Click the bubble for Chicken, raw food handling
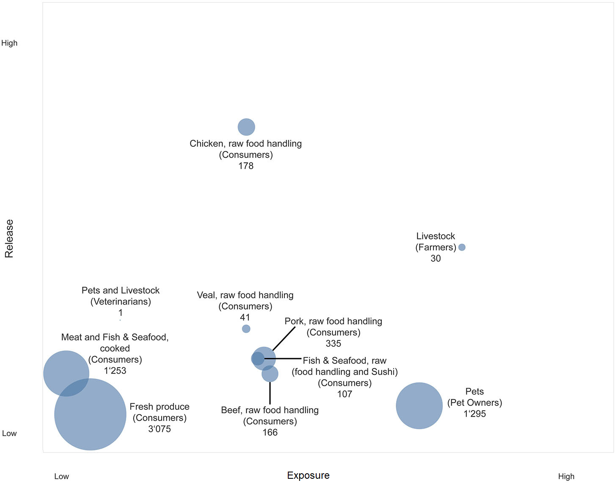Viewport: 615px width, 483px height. coord(246,127)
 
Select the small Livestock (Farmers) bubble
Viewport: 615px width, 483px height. coord(462,247)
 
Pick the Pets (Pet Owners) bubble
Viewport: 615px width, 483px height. coord(419,406)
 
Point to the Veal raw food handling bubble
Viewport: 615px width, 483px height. coord(246,329)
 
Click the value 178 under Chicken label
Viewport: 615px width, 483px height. coord(246,166)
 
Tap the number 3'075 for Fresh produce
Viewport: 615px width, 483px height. coord(160,429)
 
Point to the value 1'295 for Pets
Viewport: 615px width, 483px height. coord(474,414)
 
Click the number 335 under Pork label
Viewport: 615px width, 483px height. coord(334,343)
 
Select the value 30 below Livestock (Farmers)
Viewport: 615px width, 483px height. coord(436,258)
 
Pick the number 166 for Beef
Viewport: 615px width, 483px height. coord(270,432)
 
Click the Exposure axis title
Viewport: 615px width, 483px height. coord(308,475)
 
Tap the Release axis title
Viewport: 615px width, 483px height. coord(9,239)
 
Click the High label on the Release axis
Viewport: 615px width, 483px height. coord(9,43)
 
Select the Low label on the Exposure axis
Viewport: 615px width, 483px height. coord(61,476)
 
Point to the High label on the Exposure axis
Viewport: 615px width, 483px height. coord(566,476)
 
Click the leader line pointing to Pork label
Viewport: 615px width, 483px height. coord(284,338)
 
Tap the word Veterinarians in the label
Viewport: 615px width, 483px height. coord(121,302)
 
